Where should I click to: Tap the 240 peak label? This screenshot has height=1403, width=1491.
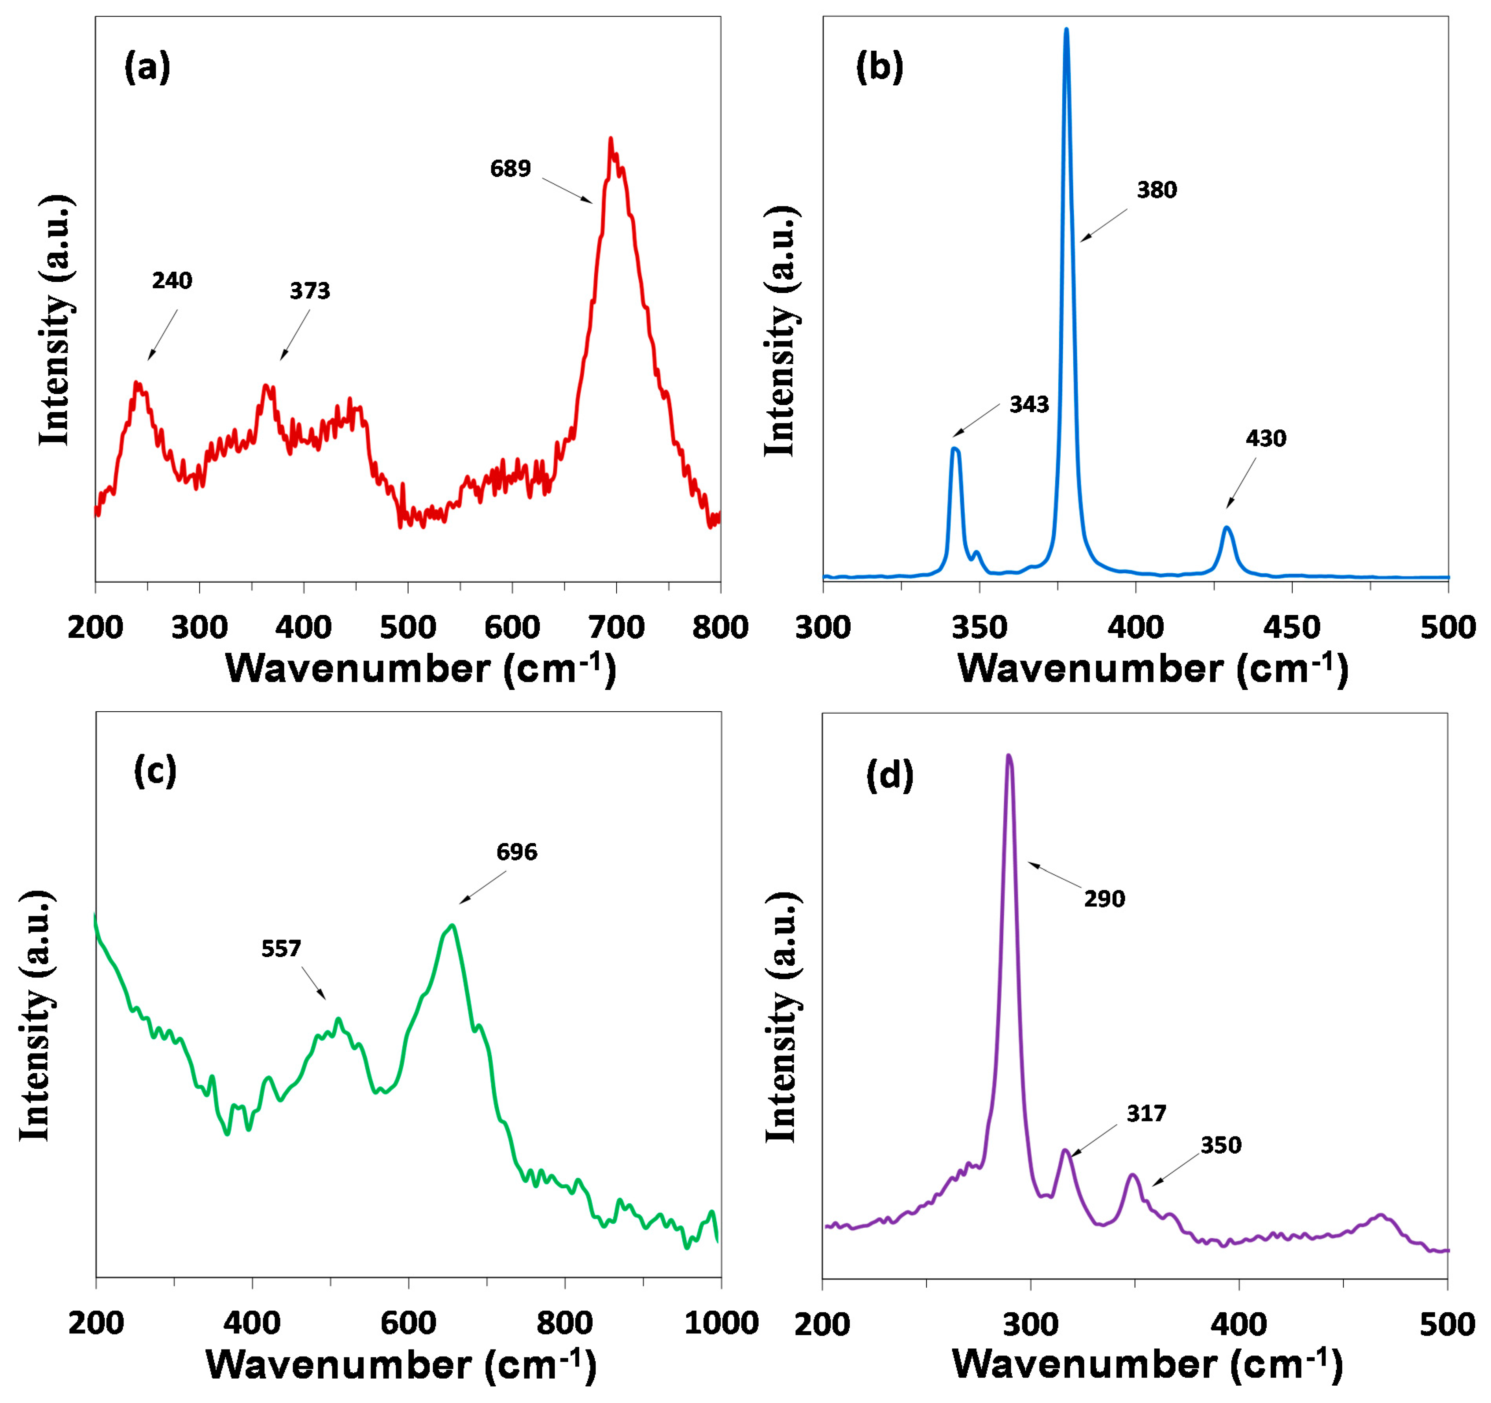(x=172, y=280)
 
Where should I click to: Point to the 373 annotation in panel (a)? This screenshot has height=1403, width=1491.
(x=310, y=291)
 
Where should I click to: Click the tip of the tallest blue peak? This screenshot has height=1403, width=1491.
(x=1066, y=30)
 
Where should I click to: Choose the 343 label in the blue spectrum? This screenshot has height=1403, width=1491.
(x=1029, y=405)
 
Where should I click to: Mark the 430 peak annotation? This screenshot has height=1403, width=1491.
(x=1266, y=439)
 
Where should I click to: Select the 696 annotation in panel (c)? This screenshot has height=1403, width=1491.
(x=517, y=852)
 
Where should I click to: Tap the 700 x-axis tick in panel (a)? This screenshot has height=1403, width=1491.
(x=617, y=627)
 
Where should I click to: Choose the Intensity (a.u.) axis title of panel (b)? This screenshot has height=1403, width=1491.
(x=781, y=330)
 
